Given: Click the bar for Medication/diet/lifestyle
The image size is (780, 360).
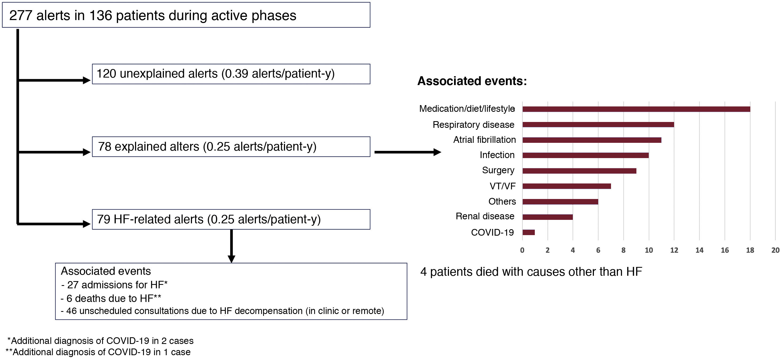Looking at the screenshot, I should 636,109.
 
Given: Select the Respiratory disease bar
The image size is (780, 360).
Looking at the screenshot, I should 598,124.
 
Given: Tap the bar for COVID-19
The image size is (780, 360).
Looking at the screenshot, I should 528,232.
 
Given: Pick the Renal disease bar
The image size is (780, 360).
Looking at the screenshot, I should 547,217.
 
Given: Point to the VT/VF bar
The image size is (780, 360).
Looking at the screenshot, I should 566,186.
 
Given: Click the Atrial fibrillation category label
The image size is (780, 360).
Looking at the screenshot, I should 484,140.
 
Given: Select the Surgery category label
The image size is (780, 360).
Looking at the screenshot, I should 498,170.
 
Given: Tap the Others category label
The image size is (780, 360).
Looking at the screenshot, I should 502,201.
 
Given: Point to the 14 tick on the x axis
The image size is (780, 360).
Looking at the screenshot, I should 699,250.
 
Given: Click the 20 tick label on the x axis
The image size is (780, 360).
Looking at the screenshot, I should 775,250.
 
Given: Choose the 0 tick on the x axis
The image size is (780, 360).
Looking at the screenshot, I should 522,250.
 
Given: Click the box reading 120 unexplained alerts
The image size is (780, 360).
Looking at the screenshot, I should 231,74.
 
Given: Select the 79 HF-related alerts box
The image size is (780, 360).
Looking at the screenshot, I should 231,219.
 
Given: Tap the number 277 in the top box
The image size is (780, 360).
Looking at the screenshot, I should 21,16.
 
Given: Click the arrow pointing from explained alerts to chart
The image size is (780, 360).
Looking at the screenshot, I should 407,152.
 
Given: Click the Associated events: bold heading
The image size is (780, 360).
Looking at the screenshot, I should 472,81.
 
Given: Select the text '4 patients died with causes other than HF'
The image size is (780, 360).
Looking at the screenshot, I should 531,271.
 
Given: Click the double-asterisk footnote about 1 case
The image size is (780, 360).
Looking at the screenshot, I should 98,352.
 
